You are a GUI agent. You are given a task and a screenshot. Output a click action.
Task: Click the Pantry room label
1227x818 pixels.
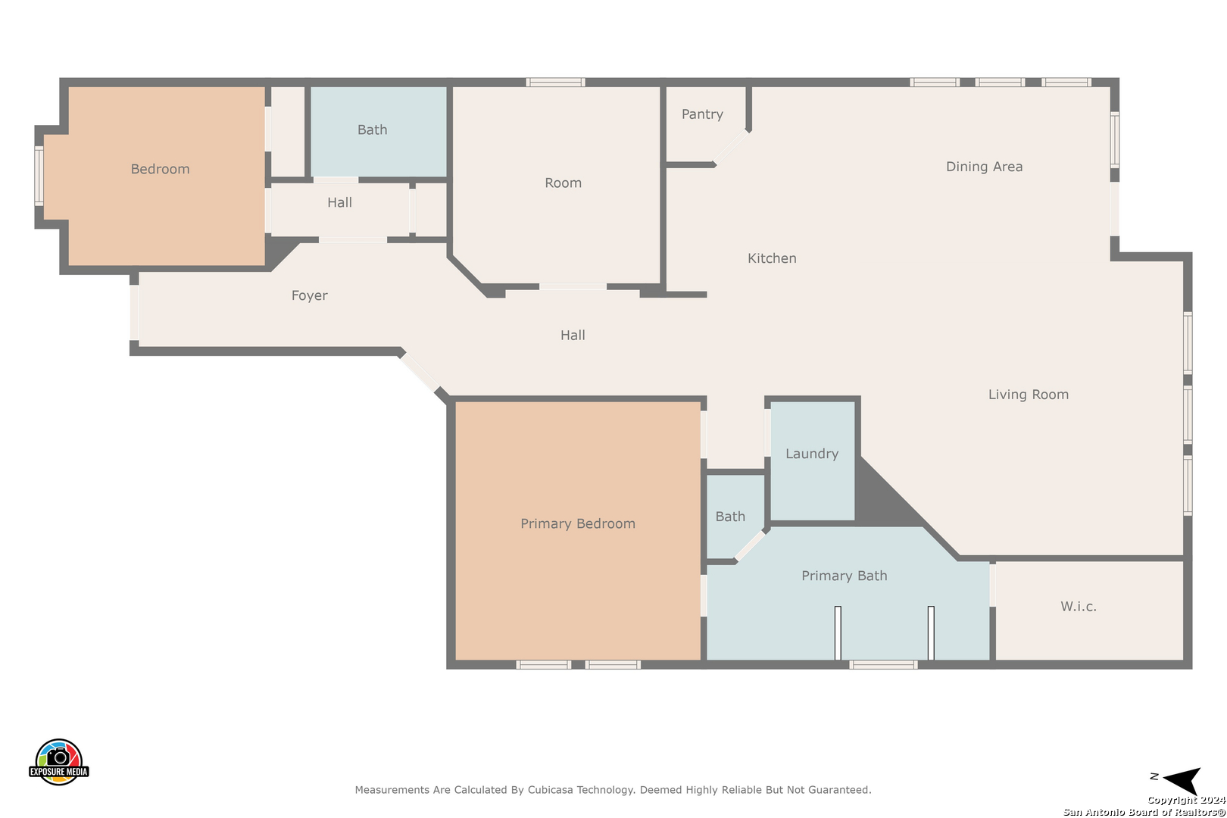point(702,114)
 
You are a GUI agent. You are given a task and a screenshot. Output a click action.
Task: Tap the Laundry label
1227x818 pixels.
point(812,454)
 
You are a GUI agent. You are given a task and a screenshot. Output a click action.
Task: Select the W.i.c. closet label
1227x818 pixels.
point(1078,607)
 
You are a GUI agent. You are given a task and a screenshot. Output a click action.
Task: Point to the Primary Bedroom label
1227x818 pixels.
point(578,524)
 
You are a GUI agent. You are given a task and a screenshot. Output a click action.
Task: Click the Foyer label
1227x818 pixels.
point(310,296)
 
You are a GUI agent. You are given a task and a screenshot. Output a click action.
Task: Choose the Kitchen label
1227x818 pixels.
point(772,258)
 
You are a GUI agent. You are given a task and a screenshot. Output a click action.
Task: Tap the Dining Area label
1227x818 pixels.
point(985,167)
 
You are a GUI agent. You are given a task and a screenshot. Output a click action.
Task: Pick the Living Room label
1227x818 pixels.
point(1028,395)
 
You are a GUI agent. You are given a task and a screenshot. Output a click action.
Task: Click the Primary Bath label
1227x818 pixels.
point(844,576)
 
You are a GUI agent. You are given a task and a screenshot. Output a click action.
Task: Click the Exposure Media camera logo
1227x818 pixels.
point(58,761)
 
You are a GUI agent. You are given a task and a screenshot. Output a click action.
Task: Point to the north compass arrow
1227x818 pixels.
point(1182,779)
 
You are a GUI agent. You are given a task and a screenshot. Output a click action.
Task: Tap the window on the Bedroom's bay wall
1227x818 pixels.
point(39,176)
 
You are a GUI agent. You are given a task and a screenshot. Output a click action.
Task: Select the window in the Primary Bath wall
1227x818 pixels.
point(884,664)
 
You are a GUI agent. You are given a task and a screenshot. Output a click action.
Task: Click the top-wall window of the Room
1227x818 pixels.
point(555,83)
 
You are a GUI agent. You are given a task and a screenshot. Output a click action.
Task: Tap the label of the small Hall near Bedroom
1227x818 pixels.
point(339,203)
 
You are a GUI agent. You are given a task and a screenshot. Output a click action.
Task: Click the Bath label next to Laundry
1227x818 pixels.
point(730,517)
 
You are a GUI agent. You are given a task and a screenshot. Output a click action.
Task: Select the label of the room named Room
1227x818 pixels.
point(563,183)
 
